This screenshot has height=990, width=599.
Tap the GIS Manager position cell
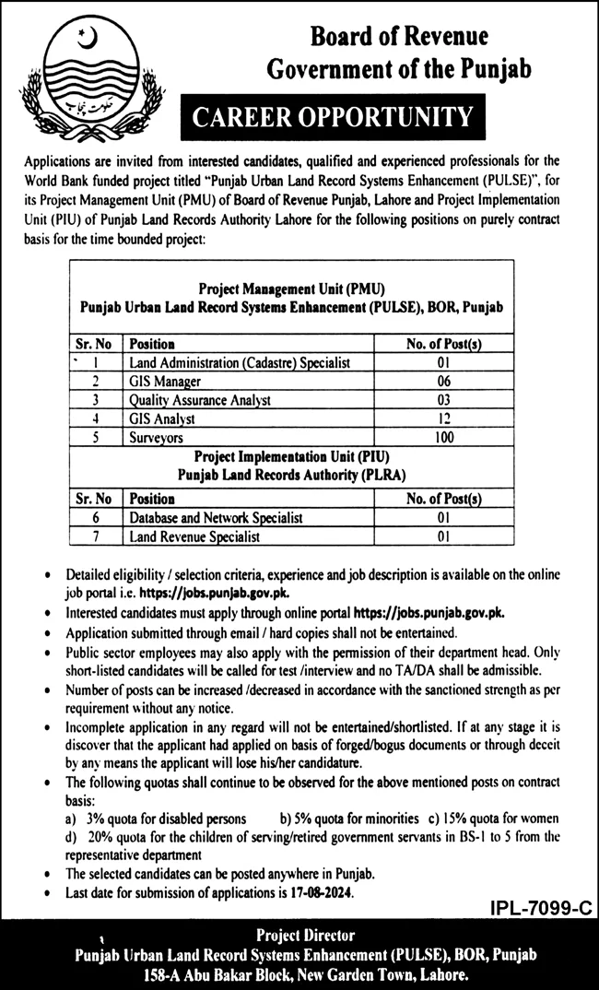point(165,381)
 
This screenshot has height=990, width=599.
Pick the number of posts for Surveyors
point(445,437)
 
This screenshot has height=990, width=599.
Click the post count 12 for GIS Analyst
point(445,418)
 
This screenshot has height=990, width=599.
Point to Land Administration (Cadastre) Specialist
point(240,362)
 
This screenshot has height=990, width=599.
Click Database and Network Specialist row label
point(216,517)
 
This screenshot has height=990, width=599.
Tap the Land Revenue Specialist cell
point(194,536)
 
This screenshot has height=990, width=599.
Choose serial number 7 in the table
point(96,536)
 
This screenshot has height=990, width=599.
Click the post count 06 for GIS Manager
point(445,381)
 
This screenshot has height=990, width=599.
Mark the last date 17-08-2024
point(320,893)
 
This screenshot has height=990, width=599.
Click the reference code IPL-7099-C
point(537,908)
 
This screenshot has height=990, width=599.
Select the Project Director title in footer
point(306,937)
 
